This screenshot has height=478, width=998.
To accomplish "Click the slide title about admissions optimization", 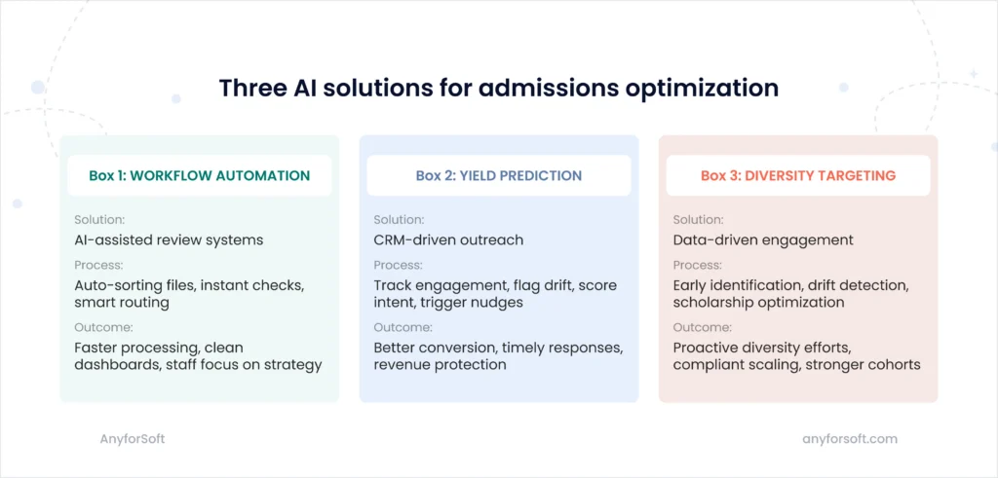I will point(498,88).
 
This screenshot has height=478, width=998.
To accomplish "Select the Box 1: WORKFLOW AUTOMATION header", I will point(199,176).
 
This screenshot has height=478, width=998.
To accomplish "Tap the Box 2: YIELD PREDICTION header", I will point(498,176).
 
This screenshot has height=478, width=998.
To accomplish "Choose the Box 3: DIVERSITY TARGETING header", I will point(797,176).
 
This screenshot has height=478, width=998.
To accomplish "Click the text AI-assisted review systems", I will point(169,239).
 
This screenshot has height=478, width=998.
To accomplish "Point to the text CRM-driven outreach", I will point(448,239).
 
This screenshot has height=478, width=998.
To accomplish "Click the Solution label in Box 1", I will point(98,220).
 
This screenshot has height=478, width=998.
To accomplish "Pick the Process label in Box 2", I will point(398,265).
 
